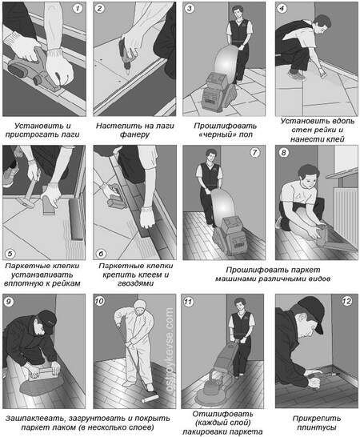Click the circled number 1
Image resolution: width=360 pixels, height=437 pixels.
click(x=78, y=8)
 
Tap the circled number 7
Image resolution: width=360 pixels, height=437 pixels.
click(x=254, y=153)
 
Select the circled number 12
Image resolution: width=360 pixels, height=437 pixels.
click(x=347, y=301)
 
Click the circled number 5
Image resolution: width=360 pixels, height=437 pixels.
click(x=10, y=254)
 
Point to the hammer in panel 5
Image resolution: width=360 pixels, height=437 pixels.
click(x=29, y=193)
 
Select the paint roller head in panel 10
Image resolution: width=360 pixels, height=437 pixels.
click(x=150, y=399)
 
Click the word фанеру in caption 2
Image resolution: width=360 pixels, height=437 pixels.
click(x=135, y=135)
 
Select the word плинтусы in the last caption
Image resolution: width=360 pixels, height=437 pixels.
click(x=317, y=427)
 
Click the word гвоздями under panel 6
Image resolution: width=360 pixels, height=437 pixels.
click(x=135, y=283)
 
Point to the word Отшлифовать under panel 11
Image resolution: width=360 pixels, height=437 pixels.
click(x=222, y=414)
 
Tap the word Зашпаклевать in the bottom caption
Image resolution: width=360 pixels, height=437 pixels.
click(x=35, y=419)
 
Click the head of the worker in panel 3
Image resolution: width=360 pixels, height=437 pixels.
click(x=237, y=13)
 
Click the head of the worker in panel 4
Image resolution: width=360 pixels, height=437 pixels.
click(x=322, y=23)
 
